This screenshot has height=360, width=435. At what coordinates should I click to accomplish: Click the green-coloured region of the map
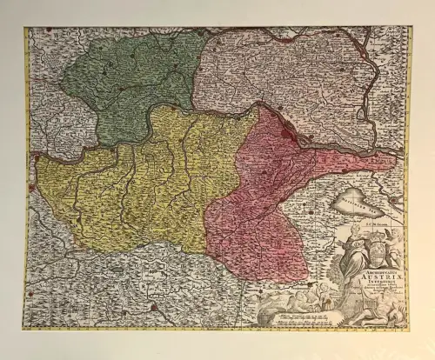(130, 83)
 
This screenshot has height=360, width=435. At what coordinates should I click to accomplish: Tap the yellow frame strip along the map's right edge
(408, 174)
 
